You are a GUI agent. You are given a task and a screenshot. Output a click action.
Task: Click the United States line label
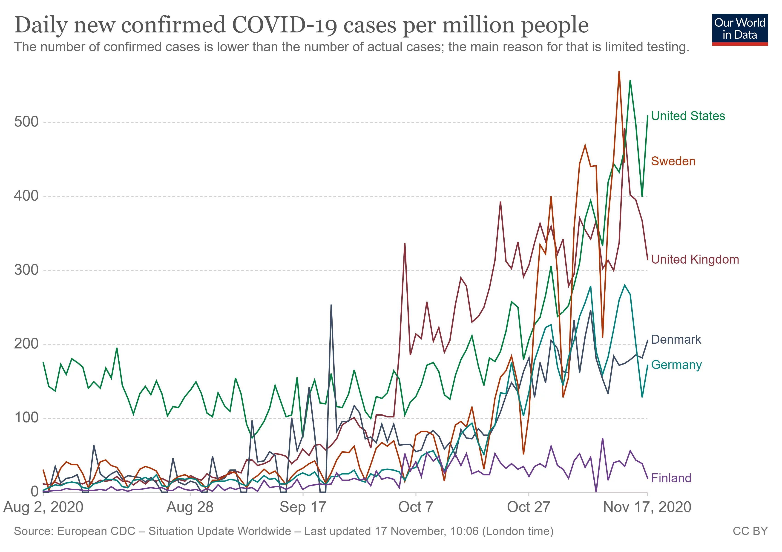[x=688, y=116]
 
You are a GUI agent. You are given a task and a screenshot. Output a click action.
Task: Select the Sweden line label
[x=673, y=161]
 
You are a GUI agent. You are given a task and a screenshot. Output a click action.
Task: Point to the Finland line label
[x=671, y=478]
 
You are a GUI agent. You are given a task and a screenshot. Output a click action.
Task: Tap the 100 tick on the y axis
[x=26, y=418]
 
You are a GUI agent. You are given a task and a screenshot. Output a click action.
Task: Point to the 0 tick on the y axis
[x=34, y=492]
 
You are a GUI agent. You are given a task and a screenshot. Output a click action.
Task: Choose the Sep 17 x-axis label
[x=303, y=507]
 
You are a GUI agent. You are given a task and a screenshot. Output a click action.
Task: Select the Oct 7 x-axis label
[x=416, y=507]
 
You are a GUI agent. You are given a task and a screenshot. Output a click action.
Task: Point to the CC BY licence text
[x=750, y=531]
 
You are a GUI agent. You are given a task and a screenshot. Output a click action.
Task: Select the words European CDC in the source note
[x=96, y=531]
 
